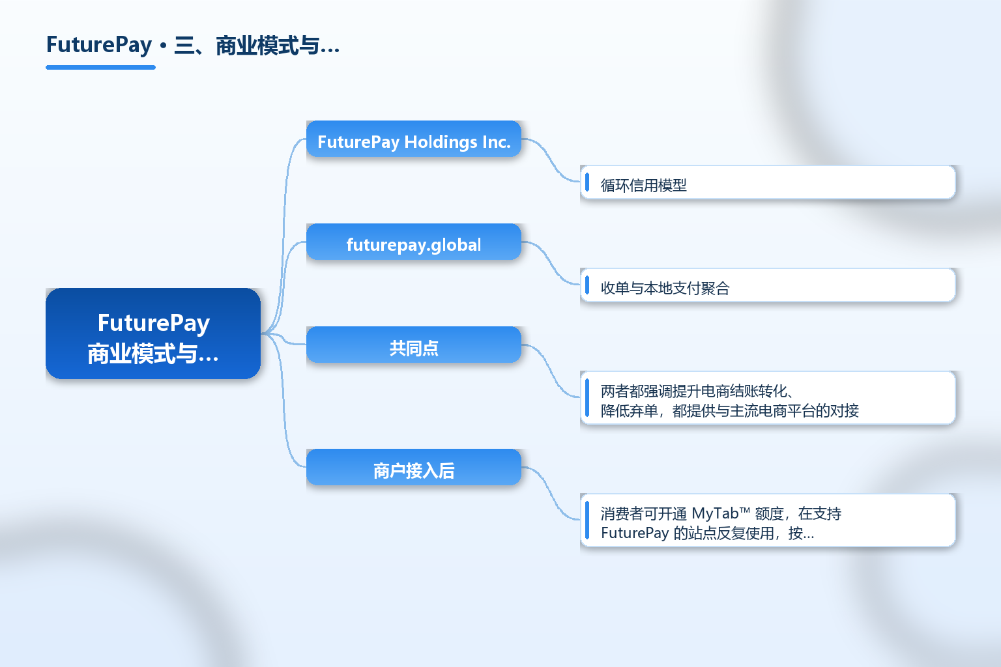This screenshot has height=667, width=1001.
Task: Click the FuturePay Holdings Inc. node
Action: (414, 139)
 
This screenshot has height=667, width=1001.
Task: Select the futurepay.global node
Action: (414, 242)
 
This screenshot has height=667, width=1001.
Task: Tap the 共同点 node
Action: (414, 345)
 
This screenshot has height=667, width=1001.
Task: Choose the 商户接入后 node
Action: (414, 467)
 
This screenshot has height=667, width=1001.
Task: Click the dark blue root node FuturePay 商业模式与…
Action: (153, 333)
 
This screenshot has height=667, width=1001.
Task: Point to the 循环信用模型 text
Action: (643, 185)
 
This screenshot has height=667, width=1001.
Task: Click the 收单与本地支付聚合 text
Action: (665, 288)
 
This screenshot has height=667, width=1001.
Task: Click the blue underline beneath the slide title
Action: (100, 68)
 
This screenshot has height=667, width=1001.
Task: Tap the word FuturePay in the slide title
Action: (99, 45)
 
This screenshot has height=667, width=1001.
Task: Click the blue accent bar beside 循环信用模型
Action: (587, 182)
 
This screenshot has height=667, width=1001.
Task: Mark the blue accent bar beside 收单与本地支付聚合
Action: (587, 285)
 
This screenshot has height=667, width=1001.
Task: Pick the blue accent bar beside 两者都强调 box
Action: (587, 398)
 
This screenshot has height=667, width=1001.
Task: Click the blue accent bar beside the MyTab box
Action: (587, 520)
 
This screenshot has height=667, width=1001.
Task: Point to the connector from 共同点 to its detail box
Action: (551, 371)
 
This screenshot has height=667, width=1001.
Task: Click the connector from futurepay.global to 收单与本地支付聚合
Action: (551, 263)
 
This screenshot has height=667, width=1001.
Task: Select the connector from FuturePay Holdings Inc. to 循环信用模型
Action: (551, 160)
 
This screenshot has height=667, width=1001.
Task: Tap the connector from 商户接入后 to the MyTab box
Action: (551, 493)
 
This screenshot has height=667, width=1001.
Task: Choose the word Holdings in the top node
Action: (441, 142)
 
